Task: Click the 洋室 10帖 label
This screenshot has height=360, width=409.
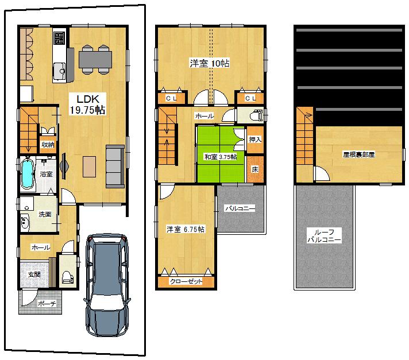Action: pos(210,63)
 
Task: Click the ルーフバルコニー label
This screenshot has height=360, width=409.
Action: pos(323,235)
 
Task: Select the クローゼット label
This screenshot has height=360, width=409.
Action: pos(186,282)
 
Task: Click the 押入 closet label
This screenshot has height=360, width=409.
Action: pos(255,139)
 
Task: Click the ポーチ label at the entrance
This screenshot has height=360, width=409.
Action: pos(45,304)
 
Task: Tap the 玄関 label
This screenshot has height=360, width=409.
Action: pos(34,274)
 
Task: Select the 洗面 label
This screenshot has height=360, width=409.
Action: pos(45,214)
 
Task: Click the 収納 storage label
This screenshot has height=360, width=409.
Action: pos(48,145)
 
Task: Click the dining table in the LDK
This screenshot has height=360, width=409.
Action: pos(95,59)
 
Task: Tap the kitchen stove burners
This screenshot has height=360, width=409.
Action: pos(59,38)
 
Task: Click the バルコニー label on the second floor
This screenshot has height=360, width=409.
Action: pos(240,208)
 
